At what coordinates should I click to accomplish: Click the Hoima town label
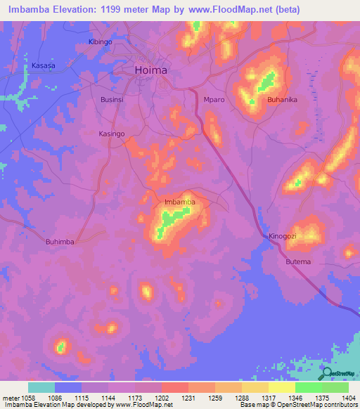pos(150,70)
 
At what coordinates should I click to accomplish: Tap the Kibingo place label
pos(100,42)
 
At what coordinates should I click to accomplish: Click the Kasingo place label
pos(111,134)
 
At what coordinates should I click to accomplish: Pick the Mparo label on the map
pos(214,100)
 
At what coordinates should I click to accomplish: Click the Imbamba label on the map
pos(179,202)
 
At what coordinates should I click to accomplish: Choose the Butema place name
pos(297,261)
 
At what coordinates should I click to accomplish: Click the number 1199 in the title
pos(129,10)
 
